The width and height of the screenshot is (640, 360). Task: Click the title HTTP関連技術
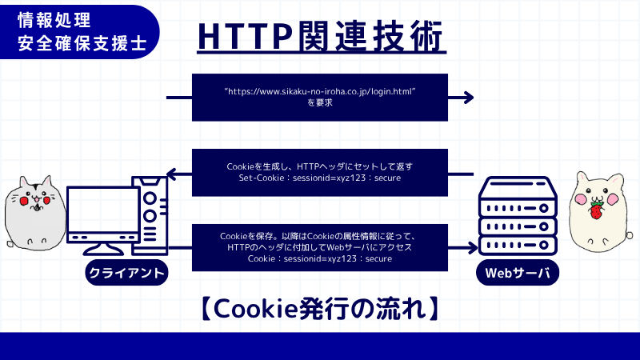[320, 36]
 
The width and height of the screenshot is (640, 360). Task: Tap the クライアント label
[128, 274]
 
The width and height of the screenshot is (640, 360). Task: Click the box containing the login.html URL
[320, 98]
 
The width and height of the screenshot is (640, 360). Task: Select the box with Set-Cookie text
[320, 172]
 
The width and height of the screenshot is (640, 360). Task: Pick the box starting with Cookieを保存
[320, 247]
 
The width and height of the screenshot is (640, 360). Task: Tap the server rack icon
[517, 216]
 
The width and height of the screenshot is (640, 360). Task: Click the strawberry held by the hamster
[595, 210]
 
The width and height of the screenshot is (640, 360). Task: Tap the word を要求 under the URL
[320, 104]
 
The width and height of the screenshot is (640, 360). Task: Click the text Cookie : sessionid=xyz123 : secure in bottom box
[320, 259]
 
